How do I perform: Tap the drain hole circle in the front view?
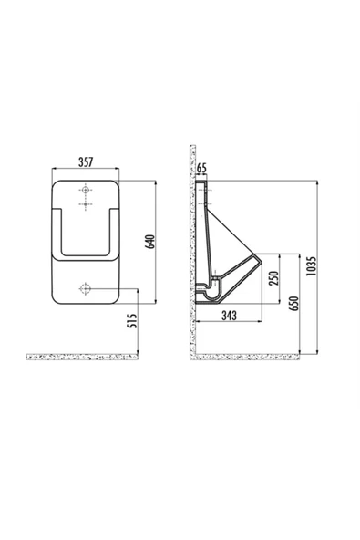click(85, 288)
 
